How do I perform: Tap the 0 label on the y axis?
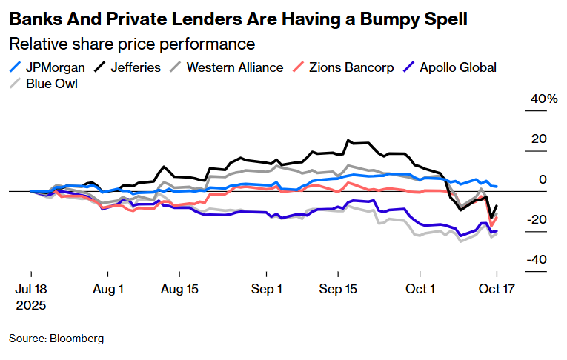pos(543,179)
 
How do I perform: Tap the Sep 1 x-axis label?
pos(268,289)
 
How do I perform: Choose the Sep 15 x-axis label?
pos(339,289)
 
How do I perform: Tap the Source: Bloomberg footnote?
pos(57,339)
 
